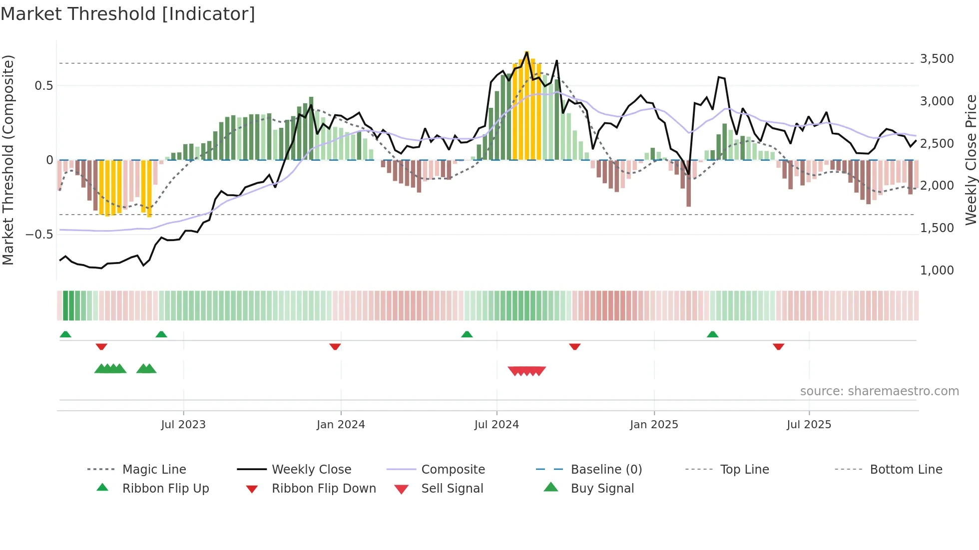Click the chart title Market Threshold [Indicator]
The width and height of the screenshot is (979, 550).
pyautogui.click(x=128, y=14)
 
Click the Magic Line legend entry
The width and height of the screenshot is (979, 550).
pyautogui.click(x=154, y=469)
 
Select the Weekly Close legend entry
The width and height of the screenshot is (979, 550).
pyautogui.click(x=311, y=469)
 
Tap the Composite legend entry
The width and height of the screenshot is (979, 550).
pyautogui.click(x=453, y=469)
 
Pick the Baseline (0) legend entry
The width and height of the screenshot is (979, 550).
pyautogui.click(x=606, y=469)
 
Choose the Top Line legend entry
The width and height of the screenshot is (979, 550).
pyautogui.click(x=744, y=469)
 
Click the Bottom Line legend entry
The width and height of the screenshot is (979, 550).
pyautogui.click(x=906, y=469)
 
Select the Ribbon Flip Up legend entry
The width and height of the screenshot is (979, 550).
pyautogui.click(x=165, y=488)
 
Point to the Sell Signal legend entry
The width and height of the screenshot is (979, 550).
pyautogui.click(x=452, y=488)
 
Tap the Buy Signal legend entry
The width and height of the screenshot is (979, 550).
pyautogui.click(x=602, y=488)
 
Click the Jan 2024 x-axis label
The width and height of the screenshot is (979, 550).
pyautogui.click(x=341, y=424)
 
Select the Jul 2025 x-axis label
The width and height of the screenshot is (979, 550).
pyautogui.click(x=809, y=424)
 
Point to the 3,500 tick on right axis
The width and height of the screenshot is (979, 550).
pyautogui.click(x=937, y=59)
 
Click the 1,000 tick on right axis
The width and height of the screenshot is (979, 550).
pyautogui.click(x=937, y=270)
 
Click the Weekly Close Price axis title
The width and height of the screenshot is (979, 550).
pyautogui.click(x=971, y=160)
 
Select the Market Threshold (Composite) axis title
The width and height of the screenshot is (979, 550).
pyautogui.click(x=8, y=160)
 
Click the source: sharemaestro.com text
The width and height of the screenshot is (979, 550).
pyautogui.click(x=879, y=391)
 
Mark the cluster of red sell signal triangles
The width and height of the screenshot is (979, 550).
pyautogui.click(x=526, y=371)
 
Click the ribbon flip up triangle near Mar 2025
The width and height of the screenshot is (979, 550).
pyautogui.click(x=712, y=334)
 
